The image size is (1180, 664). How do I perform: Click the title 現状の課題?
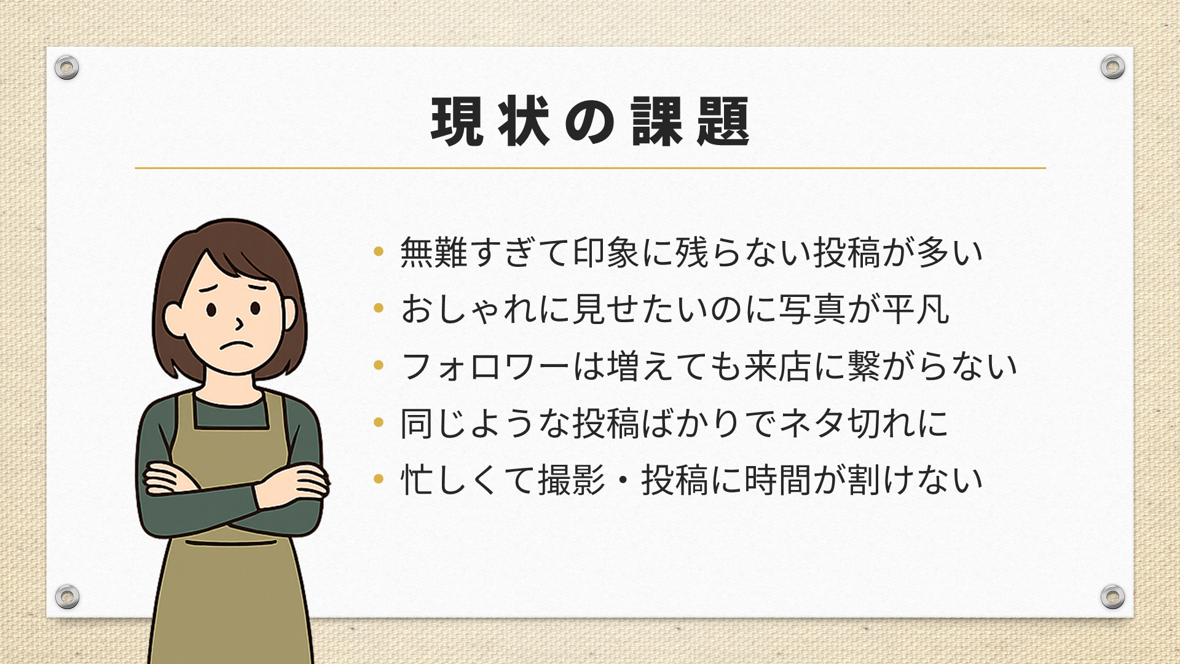(x=591, y=121)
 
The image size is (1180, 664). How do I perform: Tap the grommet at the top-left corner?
(x=66, y=67)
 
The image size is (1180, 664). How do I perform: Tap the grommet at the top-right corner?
(x=1112, y=66)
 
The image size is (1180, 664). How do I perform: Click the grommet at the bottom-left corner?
(x=67, y=596)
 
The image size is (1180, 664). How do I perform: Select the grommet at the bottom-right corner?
(x=1112, y=596)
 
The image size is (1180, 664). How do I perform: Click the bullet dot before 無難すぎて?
(x=379, y=251)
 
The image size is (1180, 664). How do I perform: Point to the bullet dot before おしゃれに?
(x=379, y=307)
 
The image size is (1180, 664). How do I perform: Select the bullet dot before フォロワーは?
(x=379, y=365)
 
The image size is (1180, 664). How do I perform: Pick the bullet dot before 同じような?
(x=379, y=422)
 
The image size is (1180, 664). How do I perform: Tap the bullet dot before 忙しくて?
(x=379, y=478)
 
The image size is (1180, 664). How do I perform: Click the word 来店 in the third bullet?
(x=778, y=366)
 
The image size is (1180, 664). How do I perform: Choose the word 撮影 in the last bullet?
(x=572, y=480)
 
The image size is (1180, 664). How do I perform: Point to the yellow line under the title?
(x=591, y=168)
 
